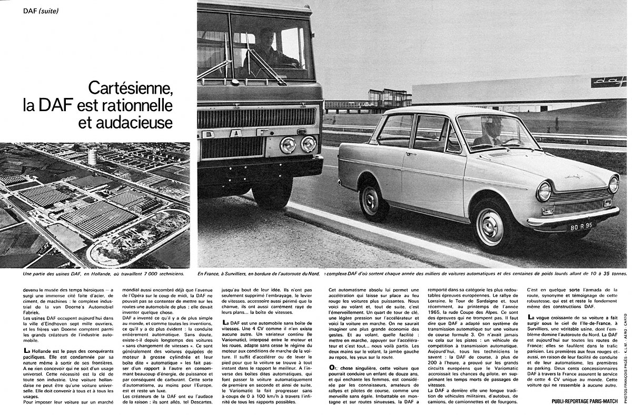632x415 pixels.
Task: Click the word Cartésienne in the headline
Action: click(x=130, y=86)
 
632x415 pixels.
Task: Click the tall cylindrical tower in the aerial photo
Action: click(x=93, y=156)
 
